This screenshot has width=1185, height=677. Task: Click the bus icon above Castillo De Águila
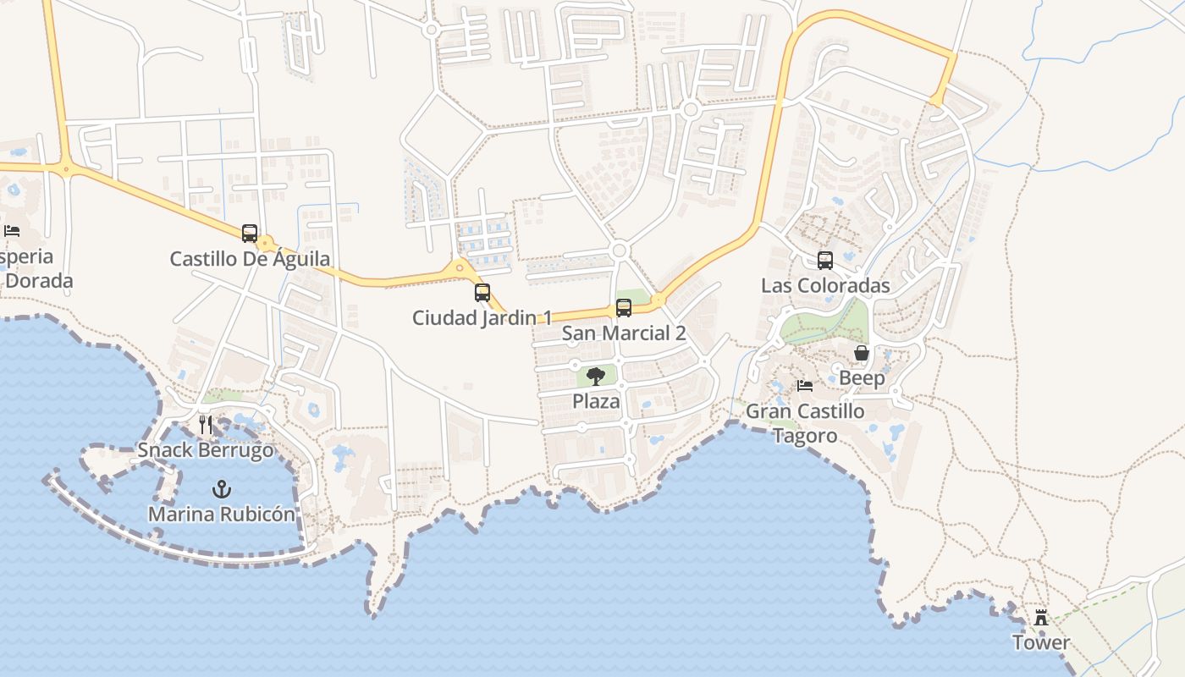click(x=250, y=233)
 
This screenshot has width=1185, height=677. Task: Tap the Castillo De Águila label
click(x=250, y=259)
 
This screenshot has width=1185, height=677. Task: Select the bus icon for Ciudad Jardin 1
click(x=482, y=293)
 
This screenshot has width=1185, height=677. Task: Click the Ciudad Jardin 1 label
click(x=482, y=318)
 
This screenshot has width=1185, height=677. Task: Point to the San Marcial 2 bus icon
click(x=624, y=308)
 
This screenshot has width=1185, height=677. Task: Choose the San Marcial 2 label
click(x=624, y=333)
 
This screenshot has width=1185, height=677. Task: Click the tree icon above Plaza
click(x=596, y=376)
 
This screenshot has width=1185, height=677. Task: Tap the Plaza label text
click(x=597, y=401)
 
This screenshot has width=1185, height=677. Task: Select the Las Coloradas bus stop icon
click(x=825, y=261)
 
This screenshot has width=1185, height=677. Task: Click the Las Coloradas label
click(x=825, y=285)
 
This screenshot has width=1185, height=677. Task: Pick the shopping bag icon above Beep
click(x=862, y=353)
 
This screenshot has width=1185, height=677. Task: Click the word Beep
click(x=862, y=378)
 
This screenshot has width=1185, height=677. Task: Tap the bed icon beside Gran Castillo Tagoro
click(x=805, y=386)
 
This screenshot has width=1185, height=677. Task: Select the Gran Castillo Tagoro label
click(x=805, y=423)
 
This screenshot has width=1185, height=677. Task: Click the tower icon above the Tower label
click(x=1041, y=618)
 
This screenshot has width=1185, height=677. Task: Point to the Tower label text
click(x=1041, y=643)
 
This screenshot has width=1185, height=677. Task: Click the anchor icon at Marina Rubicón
click(x=222, y=488)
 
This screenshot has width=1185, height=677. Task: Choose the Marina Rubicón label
click(x=222, y=514)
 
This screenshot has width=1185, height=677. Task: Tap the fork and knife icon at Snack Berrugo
click(x=206, y=424)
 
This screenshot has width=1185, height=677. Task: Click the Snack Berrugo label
click(x=206, y=449)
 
